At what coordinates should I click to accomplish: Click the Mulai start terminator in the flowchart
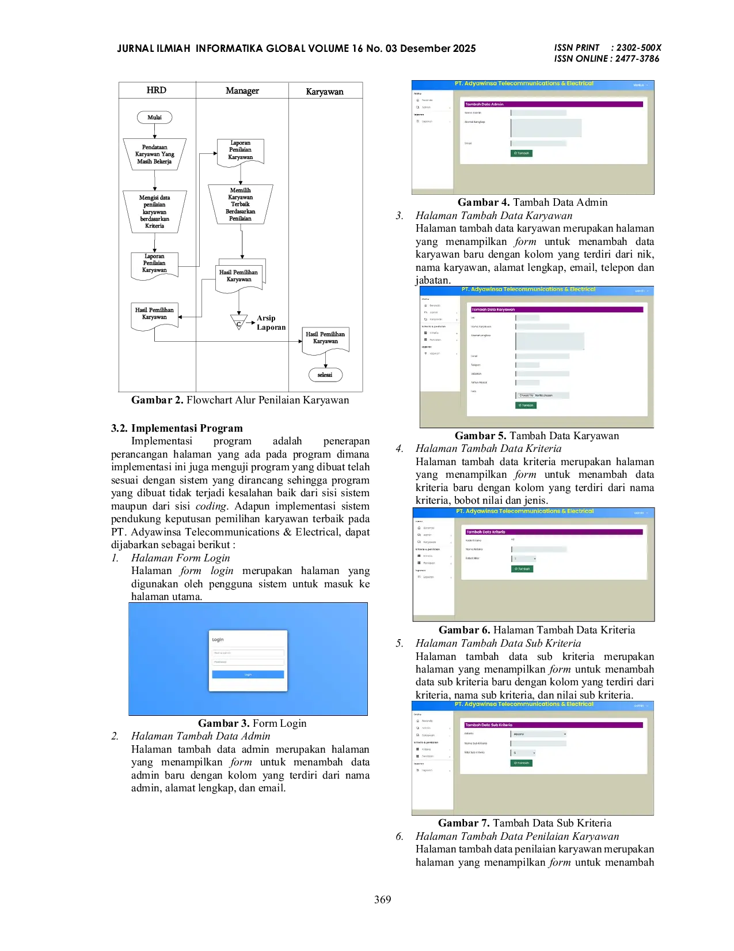click(x=154, y=118)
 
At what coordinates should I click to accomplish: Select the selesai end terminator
click(x=325, y=375)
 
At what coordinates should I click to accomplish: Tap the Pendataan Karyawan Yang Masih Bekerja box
click(x=154, y=154)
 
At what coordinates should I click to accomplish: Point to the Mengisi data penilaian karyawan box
click(x=154, y=212)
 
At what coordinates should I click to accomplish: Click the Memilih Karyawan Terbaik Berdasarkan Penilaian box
click(x=240, y=204)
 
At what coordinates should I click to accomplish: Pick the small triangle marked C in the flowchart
click(x=238, y=323)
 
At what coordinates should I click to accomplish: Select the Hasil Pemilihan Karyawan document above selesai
click(x=325, y=338)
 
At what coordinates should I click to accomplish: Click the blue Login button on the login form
click(x=248, y=674)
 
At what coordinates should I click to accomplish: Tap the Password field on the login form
click(x=248, y=662)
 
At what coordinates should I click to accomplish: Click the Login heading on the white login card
click(x=218, y=640)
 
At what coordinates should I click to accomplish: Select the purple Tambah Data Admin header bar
click(x=553, y=104)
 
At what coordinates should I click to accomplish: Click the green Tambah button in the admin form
click(x=522, y=153)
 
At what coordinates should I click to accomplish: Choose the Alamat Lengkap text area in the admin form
click(x=546, y=127)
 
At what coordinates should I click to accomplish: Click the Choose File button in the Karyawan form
click(x=526, y=395)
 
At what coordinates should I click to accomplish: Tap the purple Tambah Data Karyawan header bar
click(x=557, y=310)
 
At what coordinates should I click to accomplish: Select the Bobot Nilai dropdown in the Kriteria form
click(x=524, y=558)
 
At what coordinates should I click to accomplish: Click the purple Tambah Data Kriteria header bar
click(x=554, y=532)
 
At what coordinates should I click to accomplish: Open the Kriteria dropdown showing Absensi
click(x=539, y=734)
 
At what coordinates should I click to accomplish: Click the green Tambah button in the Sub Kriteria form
click(x=522, y=763)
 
